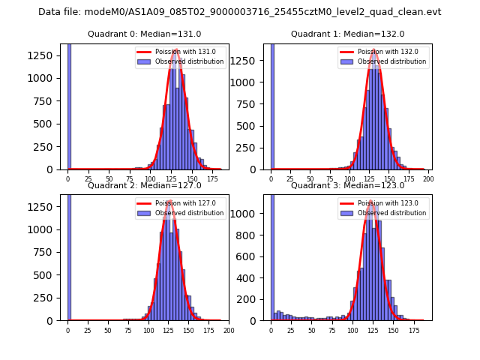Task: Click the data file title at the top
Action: (240, 12)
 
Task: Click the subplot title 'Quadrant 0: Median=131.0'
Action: (144, 34)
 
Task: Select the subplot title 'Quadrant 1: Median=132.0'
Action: (347, 34)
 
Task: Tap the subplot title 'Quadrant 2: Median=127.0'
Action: (144, 185)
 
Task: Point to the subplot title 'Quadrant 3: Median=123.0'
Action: (347, 185)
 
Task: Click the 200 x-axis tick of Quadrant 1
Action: (428, 178)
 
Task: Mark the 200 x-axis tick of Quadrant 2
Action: (229, 330)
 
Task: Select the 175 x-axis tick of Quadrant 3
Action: (413, 330)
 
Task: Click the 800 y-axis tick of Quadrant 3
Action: (253, 235)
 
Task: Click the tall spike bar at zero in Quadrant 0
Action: (69, 105)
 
